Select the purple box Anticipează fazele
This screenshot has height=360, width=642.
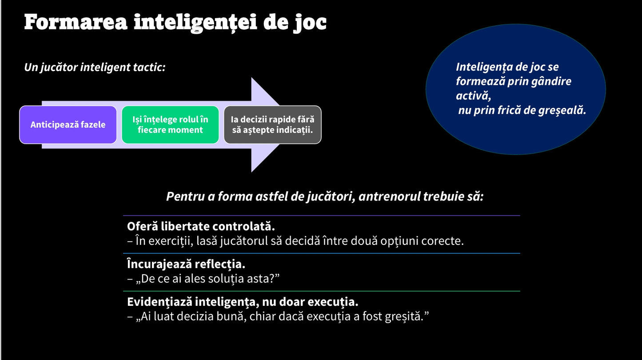(68, 125)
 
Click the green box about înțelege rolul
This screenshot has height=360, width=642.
(170, 125)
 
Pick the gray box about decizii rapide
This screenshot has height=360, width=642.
(272, 125)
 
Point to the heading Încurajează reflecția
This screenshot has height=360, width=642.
(186, 264)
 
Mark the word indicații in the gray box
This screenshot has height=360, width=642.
(294, 130)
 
